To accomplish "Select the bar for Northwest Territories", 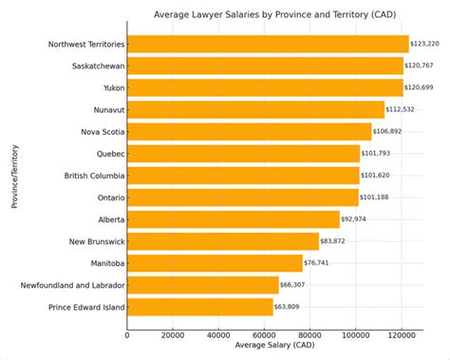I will coord(267,44).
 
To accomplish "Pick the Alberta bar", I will coord(233,219).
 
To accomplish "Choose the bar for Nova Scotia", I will coord(249,131).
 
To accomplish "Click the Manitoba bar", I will coord(215,263).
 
